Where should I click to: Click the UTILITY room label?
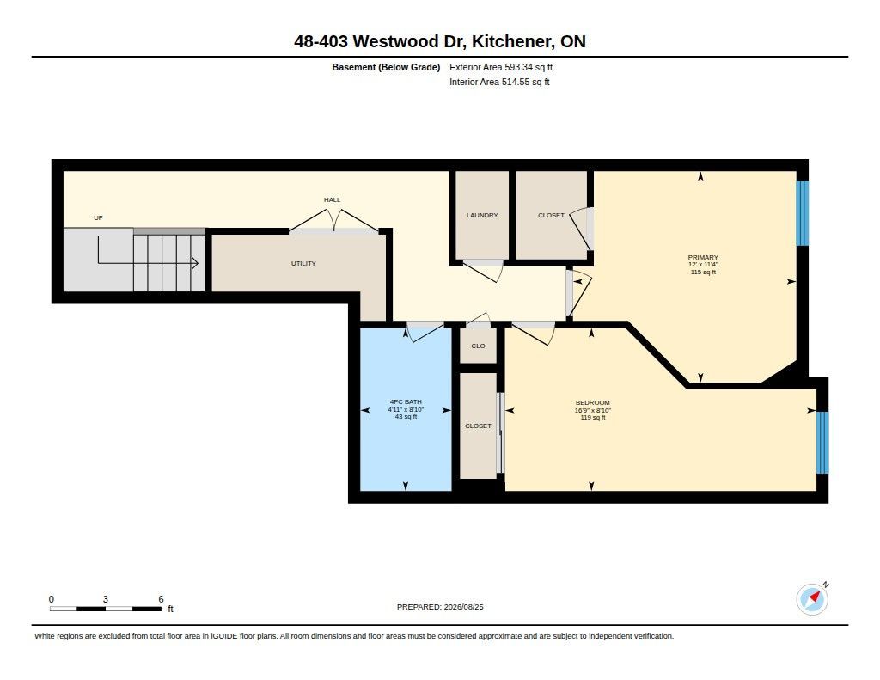click(x=303, y=263)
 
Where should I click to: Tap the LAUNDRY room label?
click(x=482, y=215)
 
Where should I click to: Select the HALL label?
click(x=332, y=200)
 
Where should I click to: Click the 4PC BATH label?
click(x=406, y=402)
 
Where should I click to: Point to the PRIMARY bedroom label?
click(x=703, y=257)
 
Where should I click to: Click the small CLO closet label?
click(x=478, y=346)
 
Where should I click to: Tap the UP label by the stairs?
click(x=98, y=217)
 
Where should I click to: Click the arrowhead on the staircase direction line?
click(x=195, y=263)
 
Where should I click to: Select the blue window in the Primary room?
click(x=803, y=213)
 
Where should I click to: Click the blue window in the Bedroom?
click(x=822, y=443)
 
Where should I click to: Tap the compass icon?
click(x=812, y=600)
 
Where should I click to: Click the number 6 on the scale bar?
click(x=161, y=599)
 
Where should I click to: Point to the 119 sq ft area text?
click(x=593, y=418)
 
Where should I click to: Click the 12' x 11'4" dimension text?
click(x=703, y=265)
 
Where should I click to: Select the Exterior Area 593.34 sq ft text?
click(x=501, y=67)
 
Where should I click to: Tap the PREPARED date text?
click(x=440, y=607)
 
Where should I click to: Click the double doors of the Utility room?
click(x=334, y=220)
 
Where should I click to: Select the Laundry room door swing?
click(x=484, y=271)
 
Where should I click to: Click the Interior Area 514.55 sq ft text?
click(x=499, y=82)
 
